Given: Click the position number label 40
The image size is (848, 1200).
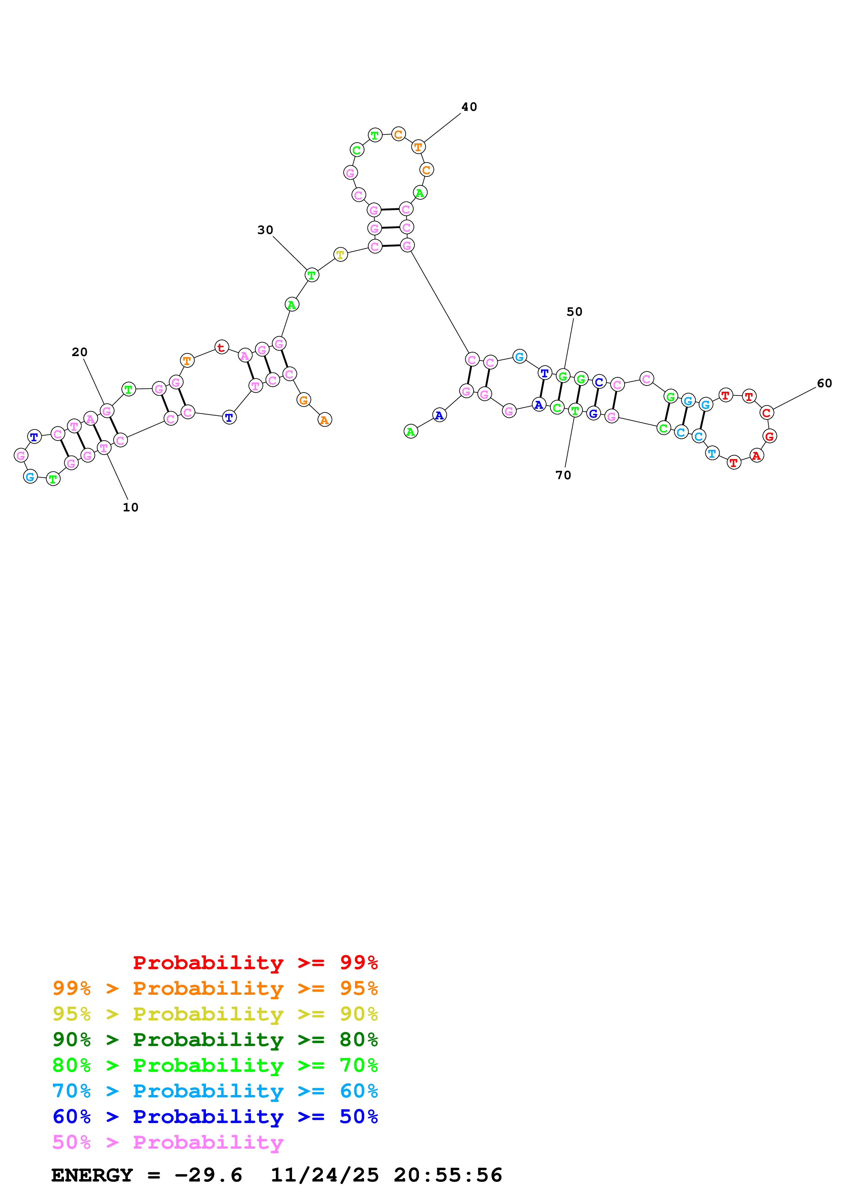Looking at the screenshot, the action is pos(469,107).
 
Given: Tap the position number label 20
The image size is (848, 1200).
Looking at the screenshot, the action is pos(79,352).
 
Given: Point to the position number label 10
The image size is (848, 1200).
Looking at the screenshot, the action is pos(131,508).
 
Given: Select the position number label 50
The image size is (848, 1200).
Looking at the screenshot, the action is pos(575,312).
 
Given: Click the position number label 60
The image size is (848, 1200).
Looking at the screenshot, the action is pos(824,383).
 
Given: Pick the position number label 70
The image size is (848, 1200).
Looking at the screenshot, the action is pos(563,475).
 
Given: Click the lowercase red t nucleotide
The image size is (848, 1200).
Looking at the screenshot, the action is pos(222,347).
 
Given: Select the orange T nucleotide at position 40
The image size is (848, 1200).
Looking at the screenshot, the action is pos(418,147).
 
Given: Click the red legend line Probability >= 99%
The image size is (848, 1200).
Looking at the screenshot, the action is pos(256,963).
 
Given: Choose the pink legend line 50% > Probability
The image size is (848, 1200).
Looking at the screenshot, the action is pos(168,1143).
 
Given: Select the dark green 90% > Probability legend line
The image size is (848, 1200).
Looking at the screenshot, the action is pos(215,1040).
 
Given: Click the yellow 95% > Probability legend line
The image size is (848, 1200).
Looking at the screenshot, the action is pos(215,1014).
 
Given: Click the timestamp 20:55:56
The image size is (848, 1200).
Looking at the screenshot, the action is pos(448,1175).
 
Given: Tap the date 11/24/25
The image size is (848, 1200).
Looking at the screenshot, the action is pos(325,1175).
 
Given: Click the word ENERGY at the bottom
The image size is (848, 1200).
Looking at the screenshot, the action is pos(92,1175).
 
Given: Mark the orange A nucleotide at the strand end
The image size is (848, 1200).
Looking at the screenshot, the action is pos(325,420).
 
